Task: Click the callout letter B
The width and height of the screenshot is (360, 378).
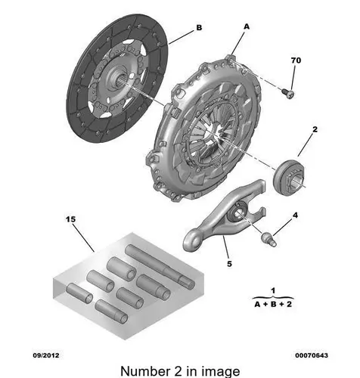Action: [199, 27]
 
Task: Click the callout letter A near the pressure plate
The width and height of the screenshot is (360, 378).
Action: [247, 26]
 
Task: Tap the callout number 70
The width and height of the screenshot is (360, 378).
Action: [296, 60]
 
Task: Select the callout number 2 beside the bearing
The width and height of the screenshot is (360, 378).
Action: [315, 129]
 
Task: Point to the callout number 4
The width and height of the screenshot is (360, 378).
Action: [295, 215]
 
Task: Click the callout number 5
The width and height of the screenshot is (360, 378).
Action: [229, 264]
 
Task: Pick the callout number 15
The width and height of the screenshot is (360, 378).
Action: [70, 219]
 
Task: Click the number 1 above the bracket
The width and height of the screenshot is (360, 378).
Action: [273, 290]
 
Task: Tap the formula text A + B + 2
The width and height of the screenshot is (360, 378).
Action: [273, 304]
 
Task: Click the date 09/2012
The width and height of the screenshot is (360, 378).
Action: [46, 355]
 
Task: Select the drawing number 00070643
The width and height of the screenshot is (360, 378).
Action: [312, 355]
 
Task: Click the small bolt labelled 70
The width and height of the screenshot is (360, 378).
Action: [288, 93]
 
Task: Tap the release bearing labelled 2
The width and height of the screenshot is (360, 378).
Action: [289, 177]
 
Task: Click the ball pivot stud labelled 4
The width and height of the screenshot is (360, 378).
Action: [269, 239]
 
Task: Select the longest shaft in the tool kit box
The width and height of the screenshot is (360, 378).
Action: [160, 266]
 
